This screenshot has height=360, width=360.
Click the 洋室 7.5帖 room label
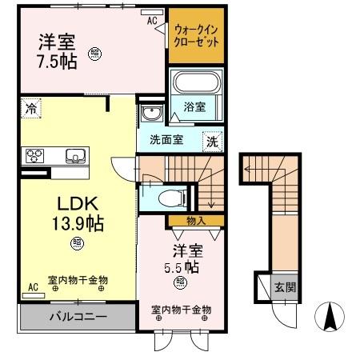click(x=58, y=51)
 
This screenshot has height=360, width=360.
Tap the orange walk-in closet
click(x=194, y=36)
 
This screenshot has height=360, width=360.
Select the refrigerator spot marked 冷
click(x=30, y=107)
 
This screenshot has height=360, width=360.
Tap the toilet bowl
click(x=170, y=197)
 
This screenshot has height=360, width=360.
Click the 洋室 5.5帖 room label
click(x=192, y=258)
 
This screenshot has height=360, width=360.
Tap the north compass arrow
click(x=328, y=318)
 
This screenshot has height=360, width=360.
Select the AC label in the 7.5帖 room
click(x=152, y=22)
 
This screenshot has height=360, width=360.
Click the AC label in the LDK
click(x=33, y=286)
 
